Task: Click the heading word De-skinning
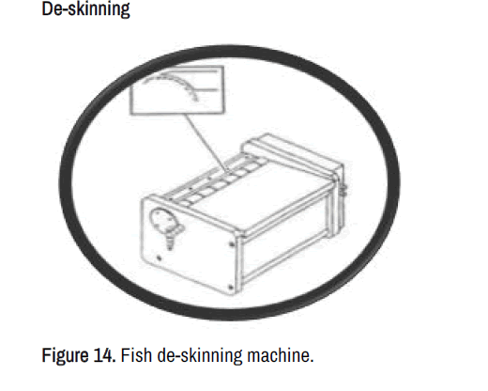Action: tap(85, 8)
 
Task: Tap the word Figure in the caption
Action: tap(65, 355)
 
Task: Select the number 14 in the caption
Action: tap(103, 355)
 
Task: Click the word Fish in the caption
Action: tap(136, 355)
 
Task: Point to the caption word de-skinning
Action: tap(200, 356)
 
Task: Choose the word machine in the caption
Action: tap(281, 355)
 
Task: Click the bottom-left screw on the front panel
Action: tap(160, 258)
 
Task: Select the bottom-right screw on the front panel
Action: tap(231, 287)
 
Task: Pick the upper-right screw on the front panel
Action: tap(232, 244)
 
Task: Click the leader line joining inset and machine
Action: tap(207, 143)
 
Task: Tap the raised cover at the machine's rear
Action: tap(294, 153)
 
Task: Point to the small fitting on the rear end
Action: tap(343, 190)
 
